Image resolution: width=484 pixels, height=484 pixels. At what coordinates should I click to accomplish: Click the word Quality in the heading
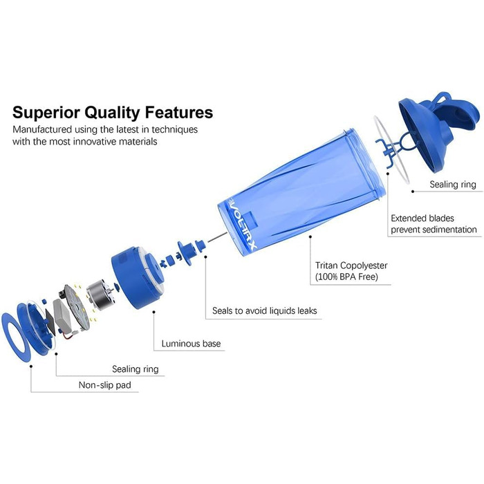click(112, 113)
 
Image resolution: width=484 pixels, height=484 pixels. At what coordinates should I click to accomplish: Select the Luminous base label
click(191, 344)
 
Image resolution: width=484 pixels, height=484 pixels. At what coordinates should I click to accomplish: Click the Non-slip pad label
click(104, 385)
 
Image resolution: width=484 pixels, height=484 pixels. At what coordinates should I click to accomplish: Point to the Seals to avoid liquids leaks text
click(265, 310)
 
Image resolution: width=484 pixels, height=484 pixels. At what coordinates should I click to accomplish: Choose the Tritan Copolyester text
click(351, 266)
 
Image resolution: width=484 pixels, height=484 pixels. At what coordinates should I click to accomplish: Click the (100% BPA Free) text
click(346, 277)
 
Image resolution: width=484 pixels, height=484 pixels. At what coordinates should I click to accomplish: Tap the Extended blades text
click(422, 218)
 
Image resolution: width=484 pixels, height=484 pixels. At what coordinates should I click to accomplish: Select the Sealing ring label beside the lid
click(453, 185)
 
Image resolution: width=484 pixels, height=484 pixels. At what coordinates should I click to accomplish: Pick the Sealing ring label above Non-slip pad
click(136, 369)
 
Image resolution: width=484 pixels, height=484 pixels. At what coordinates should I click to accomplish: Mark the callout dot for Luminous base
click(153, 312)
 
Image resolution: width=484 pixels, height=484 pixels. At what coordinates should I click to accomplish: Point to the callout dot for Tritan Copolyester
click(310, 236)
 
